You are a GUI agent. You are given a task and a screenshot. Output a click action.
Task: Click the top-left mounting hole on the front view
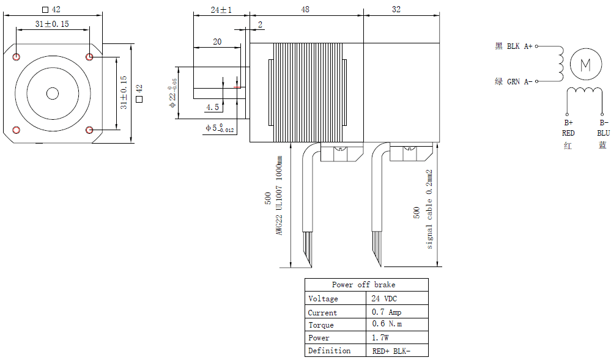click(16, 57)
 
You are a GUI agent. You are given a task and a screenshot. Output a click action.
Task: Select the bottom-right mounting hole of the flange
click(90, 130)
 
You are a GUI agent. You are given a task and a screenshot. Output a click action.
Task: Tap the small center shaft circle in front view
click(53, 93)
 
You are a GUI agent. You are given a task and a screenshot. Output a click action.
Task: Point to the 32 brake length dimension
click(396, 10)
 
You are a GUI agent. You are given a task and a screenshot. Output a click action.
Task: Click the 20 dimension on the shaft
click(217, 42)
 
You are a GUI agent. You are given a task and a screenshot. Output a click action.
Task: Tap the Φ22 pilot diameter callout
click(173, 94)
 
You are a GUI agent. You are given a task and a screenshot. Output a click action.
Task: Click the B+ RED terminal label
click(568, 128)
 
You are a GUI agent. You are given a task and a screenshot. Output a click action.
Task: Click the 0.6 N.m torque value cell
click(387, 325)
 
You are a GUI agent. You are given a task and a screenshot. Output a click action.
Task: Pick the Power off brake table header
click(364, 285)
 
